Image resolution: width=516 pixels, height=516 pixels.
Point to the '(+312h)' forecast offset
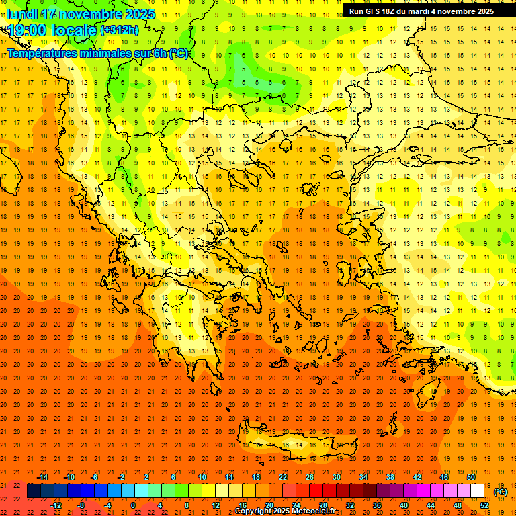(119, 30)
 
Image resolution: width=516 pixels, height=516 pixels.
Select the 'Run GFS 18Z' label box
(421, 11)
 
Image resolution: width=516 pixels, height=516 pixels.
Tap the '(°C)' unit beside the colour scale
(501, 492)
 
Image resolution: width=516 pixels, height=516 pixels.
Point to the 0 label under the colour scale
(132, 505)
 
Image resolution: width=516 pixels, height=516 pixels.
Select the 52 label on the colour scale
(484, 505)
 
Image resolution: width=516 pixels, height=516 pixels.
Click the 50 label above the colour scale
(471, 477)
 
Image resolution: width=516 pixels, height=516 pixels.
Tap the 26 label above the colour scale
(310, 477)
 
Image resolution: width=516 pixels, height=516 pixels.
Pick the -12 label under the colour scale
(56, 505)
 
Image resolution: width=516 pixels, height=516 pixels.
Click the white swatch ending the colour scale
(478, 491)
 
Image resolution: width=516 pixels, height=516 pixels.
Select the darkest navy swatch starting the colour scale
(34, 491)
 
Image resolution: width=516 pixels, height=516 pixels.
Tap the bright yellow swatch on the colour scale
(208, 491)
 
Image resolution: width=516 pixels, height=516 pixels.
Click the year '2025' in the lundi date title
(138, 14)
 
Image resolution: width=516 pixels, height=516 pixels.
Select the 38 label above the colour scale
(390, 477)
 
